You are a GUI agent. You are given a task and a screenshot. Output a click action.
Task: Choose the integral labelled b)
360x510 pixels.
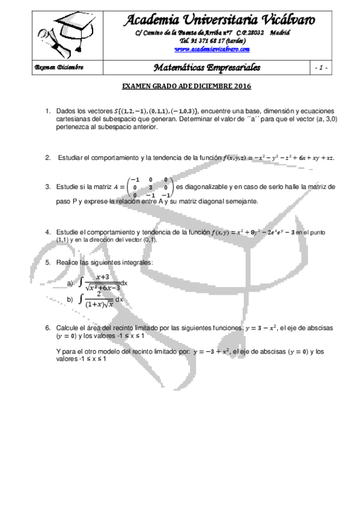point(102,300)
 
